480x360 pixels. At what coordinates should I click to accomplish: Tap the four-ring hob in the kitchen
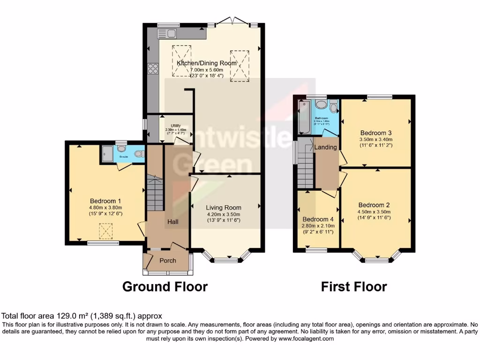(153, 68)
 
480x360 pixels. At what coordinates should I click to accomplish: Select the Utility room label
(176, 126)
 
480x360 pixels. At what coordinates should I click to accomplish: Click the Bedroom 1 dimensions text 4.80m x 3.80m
(105, 208)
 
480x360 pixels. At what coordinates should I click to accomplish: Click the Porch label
(168, 261)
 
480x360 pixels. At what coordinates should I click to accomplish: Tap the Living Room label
(224, 208)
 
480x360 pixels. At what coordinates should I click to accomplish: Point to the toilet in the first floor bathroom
(333, 107)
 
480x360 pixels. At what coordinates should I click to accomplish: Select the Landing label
(325, 147)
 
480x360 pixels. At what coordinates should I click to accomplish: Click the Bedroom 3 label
(375, 132)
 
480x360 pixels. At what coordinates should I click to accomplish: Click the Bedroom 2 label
(374, 205)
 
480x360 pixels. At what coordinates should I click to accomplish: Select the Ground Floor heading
(165, 286)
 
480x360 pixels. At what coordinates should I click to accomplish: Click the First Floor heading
(354, 286)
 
